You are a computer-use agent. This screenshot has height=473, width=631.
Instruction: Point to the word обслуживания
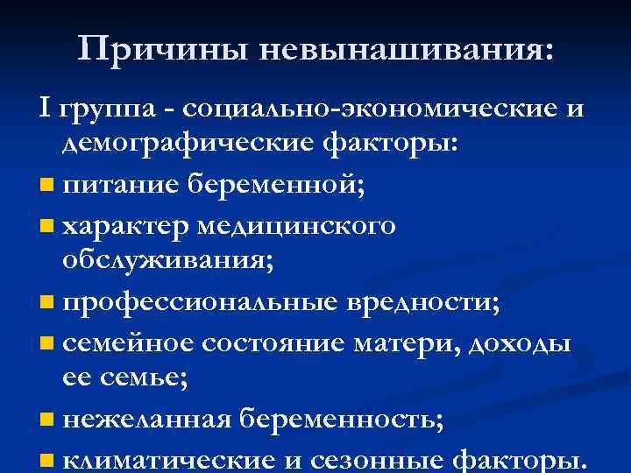coord(167,261)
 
